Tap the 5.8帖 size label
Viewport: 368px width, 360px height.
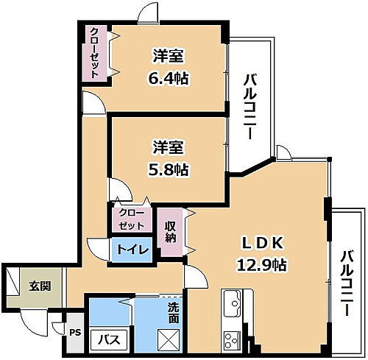tap(169, 169)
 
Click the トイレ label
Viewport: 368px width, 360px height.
tap(132, 250)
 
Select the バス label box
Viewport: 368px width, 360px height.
tap(110, 339)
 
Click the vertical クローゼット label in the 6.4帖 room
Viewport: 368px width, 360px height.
tap(95, 52)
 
